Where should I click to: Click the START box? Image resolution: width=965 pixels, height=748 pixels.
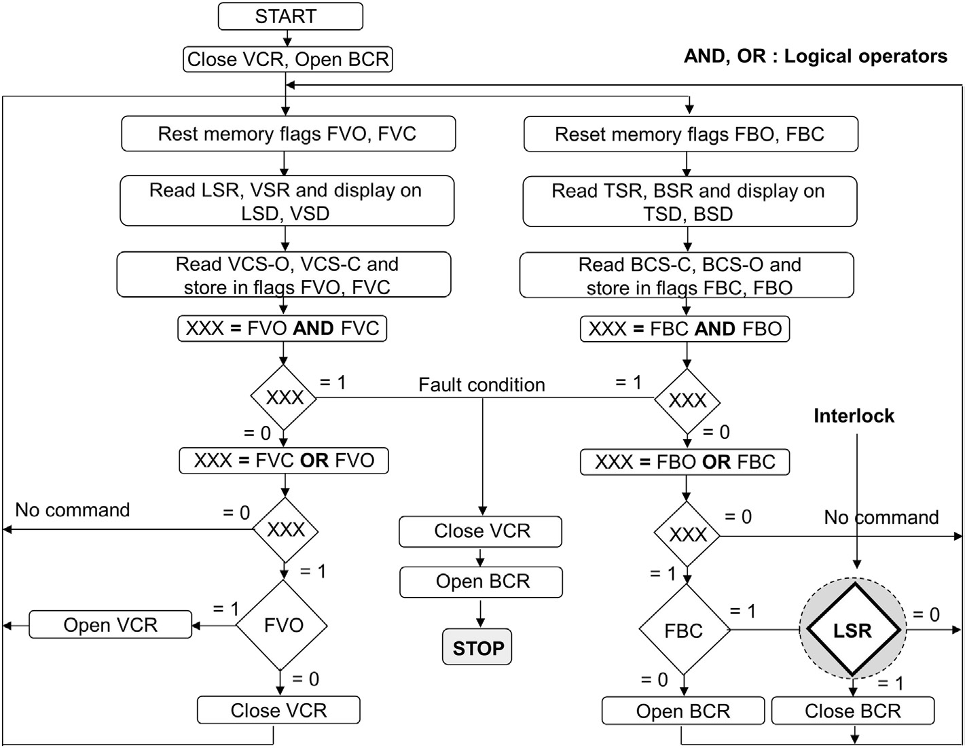pos(290,16)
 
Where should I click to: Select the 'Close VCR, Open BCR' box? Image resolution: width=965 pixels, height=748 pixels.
pos(288,59)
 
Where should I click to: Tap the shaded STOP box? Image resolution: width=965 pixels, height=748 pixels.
pos(477,648)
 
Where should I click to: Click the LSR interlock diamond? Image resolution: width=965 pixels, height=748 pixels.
pos(852,630)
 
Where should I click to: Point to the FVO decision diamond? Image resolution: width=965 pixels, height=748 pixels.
pos(283,625)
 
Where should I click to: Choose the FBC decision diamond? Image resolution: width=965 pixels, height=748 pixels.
pos(684,630)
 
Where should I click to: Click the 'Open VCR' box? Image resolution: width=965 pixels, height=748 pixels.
pos(110,625)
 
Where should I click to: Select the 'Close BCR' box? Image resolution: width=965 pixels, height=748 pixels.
pos(852,711)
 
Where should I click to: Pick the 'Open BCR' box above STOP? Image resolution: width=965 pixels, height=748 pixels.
pos(481,582)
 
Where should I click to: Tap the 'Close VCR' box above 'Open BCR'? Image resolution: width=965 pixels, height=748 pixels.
pos(481,531)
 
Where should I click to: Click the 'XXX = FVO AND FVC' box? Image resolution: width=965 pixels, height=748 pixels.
pos(283,328)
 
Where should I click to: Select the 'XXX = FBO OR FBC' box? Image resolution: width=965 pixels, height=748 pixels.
pos(685,462)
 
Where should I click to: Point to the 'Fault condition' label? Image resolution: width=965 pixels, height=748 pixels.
pos(481,385)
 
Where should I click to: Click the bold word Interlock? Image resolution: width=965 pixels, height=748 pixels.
pos(854,416)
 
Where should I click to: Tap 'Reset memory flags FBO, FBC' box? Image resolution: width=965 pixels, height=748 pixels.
pos(690,134)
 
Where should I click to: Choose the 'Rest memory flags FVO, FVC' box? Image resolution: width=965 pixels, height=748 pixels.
pos(288,134)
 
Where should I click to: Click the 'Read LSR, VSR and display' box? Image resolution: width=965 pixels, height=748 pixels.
pos(287,201)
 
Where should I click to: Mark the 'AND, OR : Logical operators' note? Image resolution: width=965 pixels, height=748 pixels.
pos(815,56)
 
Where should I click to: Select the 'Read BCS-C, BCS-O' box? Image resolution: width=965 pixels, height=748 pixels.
pos(687,275)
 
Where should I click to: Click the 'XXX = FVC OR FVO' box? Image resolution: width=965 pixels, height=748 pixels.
pos(284,461)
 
